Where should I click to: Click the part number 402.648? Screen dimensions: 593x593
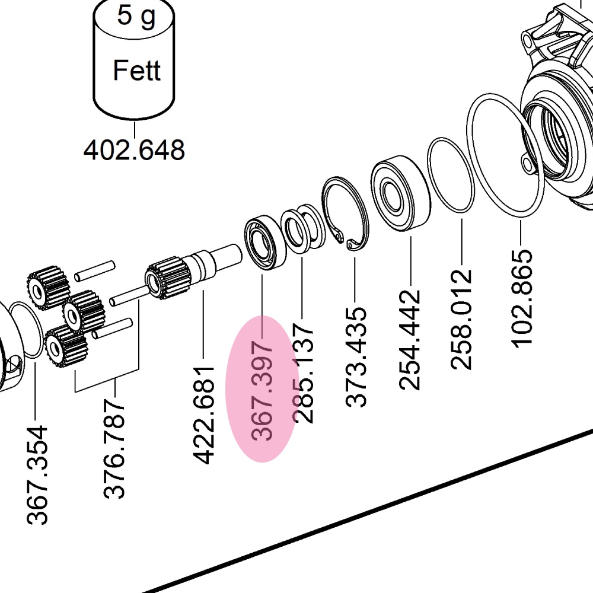(x=135, y=150)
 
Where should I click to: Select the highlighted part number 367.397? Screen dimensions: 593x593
(x=262, y=390)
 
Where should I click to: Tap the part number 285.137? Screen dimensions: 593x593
(x=303, y=372)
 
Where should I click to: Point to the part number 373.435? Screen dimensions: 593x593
(x=356, y=357)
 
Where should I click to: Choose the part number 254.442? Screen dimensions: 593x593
(x=410, y=339)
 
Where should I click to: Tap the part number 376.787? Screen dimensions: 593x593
(x=114, y=448)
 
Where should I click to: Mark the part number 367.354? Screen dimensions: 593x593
(x=37, y=474)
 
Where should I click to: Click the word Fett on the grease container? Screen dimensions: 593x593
(x=136, y=71)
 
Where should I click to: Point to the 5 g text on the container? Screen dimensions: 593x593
(x=136, y=16)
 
